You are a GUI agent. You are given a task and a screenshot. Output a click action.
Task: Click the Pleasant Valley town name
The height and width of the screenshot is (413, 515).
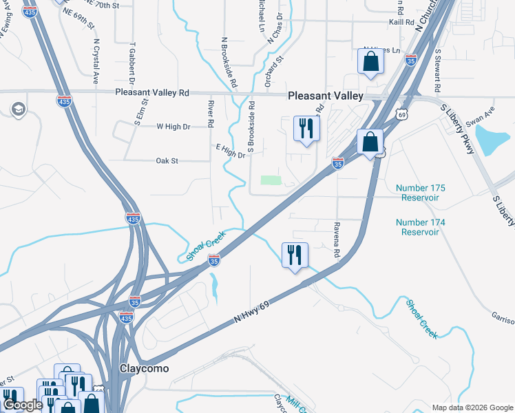pos(325,97)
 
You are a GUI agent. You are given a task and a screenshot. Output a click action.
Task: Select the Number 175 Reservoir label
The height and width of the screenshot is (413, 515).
pos(421,193)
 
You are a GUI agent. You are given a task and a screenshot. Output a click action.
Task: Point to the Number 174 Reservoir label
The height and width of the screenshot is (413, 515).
pos(421,227)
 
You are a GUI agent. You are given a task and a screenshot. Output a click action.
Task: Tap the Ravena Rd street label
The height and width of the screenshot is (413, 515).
pos(337,240)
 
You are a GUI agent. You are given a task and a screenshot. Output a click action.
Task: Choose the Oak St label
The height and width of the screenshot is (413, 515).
pos(167,160)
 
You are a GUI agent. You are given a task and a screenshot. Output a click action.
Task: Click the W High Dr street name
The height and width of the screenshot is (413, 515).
pos(173,127)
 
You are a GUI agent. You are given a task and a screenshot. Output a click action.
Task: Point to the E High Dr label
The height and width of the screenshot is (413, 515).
pos(231,151)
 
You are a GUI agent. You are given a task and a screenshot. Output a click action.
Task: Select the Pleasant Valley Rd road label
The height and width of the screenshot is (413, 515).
pos(152,92)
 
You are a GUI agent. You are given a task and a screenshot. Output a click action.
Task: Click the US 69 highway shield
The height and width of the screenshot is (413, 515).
pos(401,112)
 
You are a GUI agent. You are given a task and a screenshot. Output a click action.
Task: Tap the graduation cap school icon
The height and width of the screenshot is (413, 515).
pos(17,109)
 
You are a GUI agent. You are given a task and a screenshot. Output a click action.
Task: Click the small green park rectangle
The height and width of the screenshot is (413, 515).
pos(272,180)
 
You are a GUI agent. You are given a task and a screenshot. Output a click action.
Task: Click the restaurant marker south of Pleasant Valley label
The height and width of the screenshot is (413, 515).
pos(304,128)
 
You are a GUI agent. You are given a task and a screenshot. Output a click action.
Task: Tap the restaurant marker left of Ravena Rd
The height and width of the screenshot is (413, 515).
pos(293,255)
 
